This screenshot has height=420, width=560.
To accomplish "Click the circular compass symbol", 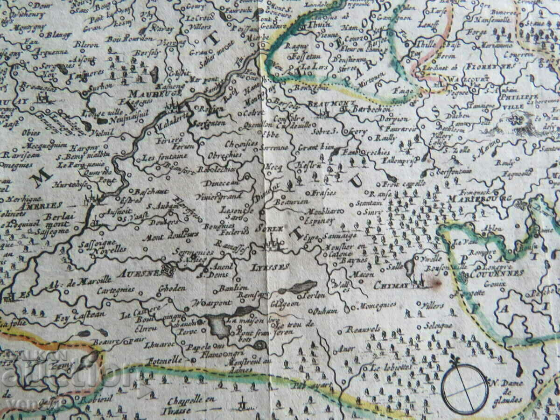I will click(465, 389).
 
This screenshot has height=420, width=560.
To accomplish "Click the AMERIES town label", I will click(45, 205).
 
